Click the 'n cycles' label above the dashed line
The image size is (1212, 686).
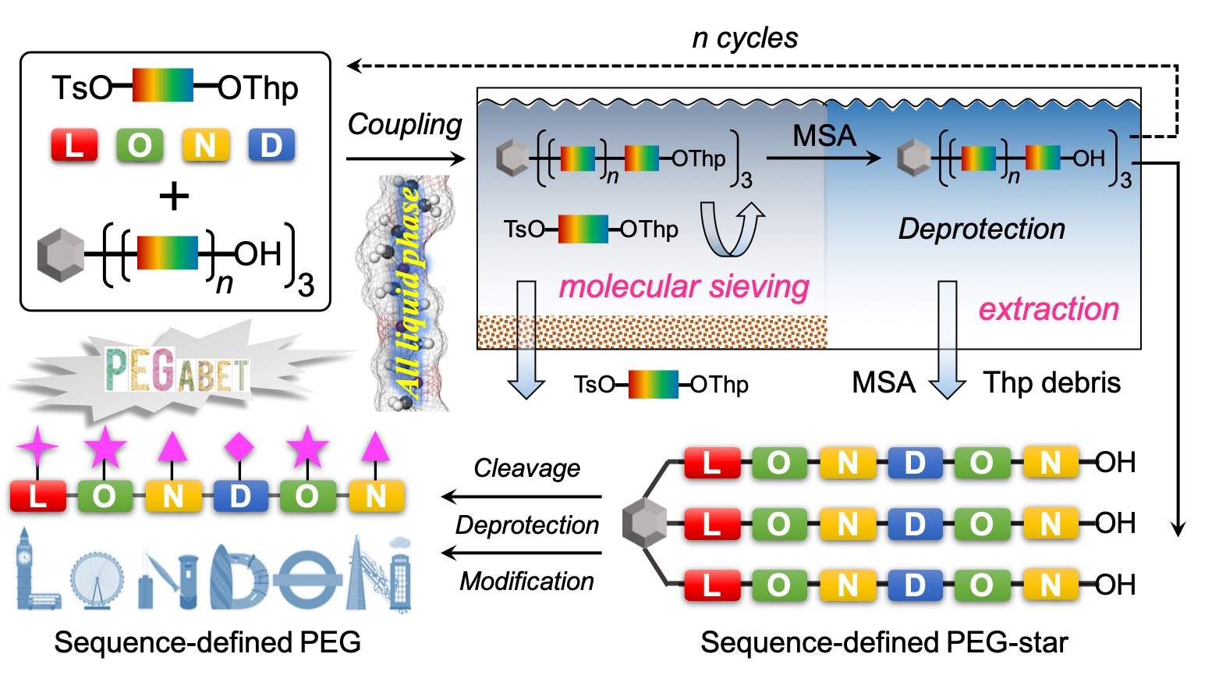tap(745, 37)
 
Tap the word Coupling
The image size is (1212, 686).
tap(404, 124)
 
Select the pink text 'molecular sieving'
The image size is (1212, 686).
tap(684, 286)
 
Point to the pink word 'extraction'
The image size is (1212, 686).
tap(1048, 309)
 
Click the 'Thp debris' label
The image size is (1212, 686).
tap(1051, 382)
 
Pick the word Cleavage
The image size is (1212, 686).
tap(526, 467)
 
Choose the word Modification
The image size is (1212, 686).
tap(526, 581)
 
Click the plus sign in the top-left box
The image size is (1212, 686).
tap(174, 195)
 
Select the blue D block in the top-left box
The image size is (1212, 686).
tap(271, 145)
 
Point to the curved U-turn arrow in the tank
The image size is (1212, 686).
tap(731, 229)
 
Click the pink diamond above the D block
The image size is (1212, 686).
tap(239, 447)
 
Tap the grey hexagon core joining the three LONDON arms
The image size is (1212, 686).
tap(644, 522)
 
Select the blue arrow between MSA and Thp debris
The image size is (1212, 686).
tap(947, 340)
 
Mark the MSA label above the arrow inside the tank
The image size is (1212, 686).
tap(824, 136)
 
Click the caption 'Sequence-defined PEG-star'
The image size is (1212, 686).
tap(884, 642)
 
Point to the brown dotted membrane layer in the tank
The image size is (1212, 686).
tap(651, 332)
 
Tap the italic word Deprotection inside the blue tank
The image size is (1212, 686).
tap(981, 229)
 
